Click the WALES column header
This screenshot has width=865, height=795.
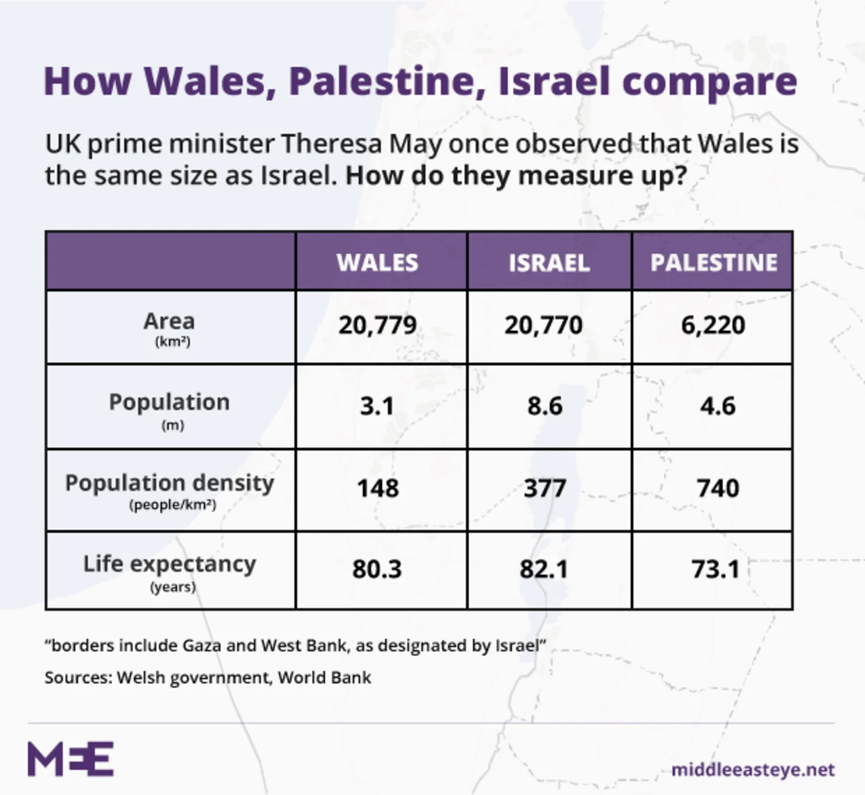coord(378,263)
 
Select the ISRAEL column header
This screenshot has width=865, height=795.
coord(549,263)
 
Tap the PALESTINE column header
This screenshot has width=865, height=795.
coord(714,263)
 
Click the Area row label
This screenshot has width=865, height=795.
coord(169,322)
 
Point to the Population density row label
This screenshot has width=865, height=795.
coord(169,484)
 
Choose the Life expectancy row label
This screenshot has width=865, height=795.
coord(169,565)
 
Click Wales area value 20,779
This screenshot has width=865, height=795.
coord(378,325)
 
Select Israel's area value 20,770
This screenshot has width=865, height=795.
coord(543,325)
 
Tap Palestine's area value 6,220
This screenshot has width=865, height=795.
coord(713,325)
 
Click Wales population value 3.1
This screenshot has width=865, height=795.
coord(377,406)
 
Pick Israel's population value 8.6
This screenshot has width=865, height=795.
coord(545,406)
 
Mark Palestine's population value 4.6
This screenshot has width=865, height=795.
coord(718,406)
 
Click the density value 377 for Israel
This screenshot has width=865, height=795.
coord(545,489)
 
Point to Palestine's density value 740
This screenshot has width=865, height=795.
coord(718,489)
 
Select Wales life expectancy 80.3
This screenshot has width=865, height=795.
coord(377,569)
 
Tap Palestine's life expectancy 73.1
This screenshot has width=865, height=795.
coord(715,569)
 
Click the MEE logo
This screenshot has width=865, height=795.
coord(70,759)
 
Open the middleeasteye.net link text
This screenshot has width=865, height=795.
coord(753,770)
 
